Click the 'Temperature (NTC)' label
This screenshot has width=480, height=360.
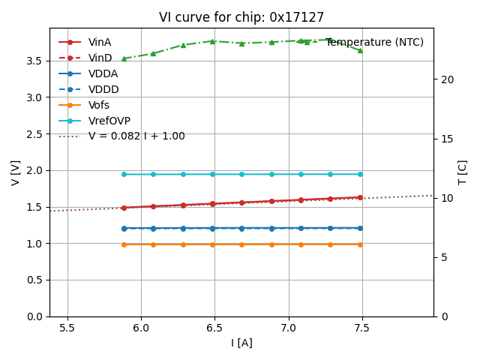click(374, 42)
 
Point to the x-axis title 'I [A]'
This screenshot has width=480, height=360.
click(241, 343)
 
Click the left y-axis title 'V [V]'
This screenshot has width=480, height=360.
click(16, 172)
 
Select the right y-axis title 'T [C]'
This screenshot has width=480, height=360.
click(463, 172)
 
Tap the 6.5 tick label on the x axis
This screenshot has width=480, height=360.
click(214, 328)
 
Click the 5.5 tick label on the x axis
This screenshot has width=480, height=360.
click(67, 328)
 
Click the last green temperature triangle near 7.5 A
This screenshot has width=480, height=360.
click(360, 50)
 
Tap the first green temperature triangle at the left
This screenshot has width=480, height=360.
click(124, 58)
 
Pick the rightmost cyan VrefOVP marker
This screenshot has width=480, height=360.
click(360, 174)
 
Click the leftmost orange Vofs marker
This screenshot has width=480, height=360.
click(124, 244)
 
